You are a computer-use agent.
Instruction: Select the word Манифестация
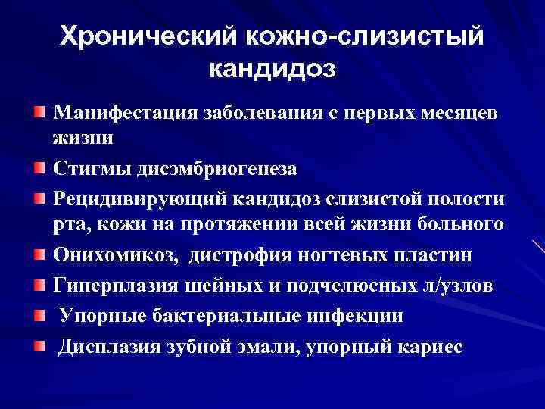pyautogui.click(x=121, y=114)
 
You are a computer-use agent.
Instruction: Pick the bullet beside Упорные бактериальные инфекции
pyautogui.click(x=39, y=315)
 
